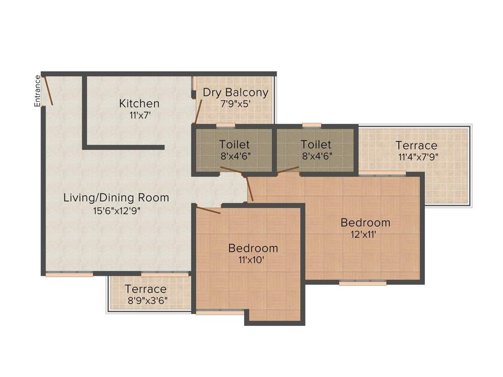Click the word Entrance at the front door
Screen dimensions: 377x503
click(37, 91)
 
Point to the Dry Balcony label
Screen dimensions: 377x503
click(235, 92)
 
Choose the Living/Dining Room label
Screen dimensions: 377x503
click(116, 198)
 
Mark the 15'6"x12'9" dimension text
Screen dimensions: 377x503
click(116, 210)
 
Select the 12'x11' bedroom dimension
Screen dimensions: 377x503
click(365, 235)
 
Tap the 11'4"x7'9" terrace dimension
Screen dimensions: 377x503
click(418, 157)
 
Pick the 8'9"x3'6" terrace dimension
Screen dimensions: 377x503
click(146, 300)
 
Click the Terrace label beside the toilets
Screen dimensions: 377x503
click(417, 145)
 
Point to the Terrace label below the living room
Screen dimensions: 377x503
click(145, 289)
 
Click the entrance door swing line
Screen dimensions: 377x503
click(48, 90)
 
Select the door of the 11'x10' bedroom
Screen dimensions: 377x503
click(208, 211)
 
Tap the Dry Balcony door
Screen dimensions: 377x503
click(198, 109)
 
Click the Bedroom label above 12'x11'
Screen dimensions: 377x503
click(365, 222)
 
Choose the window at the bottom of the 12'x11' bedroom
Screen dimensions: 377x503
click(363, 283)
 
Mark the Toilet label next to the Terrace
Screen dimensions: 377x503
click(316, 145)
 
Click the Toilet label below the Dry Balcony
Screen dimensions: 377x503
click(234, 145)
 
